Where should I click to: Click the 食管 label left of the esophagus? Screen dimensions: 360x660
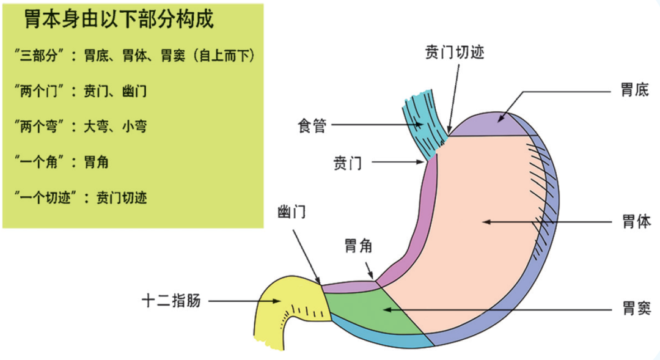click(x=312, y=126)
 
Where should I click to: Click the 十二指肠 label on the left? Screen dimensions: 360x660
click(x=171, y=301)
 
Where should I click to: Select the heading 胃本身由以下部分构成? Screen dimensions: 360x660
click(x=119, y=20)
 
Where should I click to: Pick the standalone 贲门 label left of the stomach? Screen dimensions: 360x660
click(x=346, y=163)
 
